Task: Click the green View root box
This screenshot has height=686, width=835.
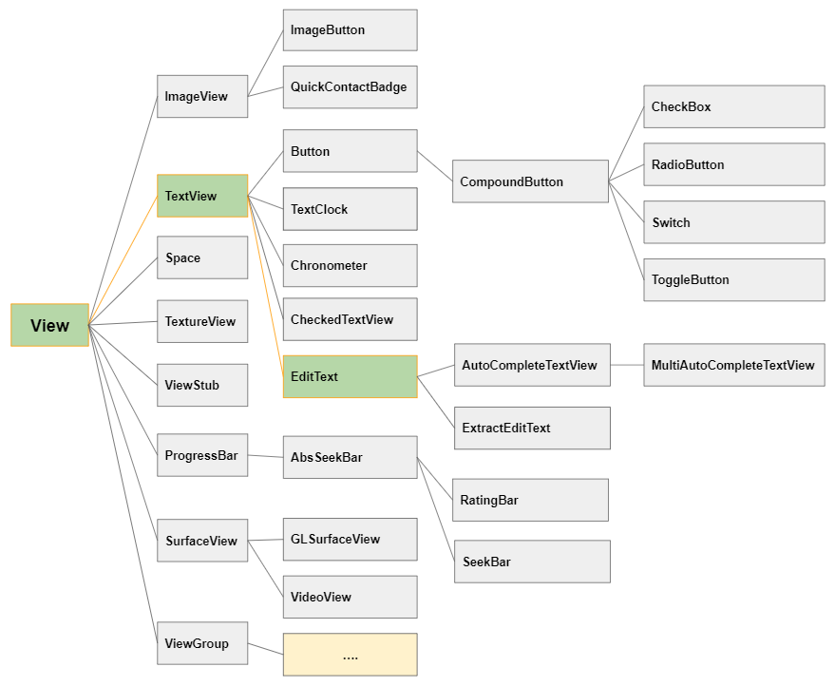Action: coord(49,325)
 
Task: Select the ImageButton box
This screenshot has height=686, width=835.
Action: coord(350,29)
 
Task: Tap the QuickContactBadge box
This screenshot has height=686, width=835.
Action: coord(350,86)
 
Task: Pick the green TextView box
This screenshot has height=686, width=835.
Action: coord(202,196)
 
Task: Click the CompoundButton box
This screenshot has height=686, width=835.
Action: coord(530,181)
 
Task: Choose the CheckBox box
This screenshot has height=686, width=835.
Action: coord(733,106)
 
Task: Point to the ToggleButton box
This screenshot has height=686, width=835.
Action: coord(733,279)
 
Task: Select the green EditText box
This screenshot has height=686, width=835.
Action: coord(350,376)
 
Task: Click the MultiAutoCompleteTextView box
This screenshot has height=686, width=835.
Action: coord(733,365)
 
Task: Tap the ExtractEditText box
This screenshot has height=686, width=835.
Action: coord(532,429)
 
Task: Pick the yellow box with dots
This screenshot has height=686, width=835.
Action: coord(350,655)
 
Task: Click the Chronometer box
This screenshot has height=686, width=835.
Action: coord(350,265)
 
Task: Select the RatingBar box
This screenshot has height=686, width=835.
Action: coord(530,500)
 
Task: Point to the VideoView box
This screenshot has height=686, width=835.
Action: coord(350,597)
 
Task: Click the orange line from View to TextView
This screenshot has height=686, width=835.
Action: coord(123,260)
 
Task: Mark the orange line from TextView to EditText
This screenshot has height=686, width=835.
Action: coord(265,286)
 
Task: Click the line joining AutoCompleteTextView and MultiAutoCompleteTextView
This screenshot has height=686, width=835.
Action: coord(627,365)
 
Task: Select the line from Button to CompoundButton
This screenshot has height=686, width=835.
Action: coord(435,166)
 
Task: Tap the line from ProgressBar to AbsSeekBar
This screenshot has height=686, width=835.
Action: coord(265,456)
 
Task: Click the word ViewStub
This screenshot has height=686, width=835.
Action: coord(192,385)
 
